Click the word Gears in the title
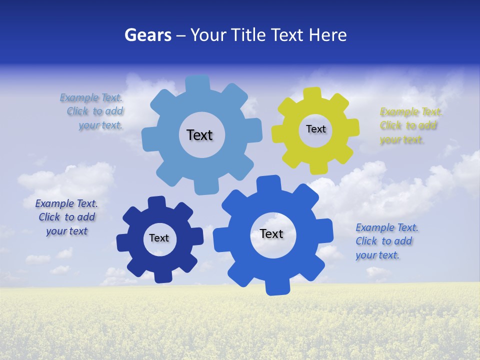(x=147, y=35)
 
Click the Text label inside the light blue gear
(x=199, y=135)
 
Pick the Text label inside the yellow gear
(x=315, y=129)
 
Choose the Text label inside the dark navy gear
(x=158, y=238)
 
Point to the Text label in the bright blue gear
(x=271, y=233)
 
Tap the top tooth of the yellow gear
(x=312, y=94)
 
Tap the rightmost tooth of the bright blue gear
(x=325, y=231)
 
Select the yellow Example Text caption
(x=410, y=126)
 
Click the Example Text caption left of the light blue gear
(x=92, y=111)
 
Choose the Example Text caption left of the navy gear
(x=66, y=217)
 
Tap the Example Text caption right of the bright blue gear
(x=386, y=241)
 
